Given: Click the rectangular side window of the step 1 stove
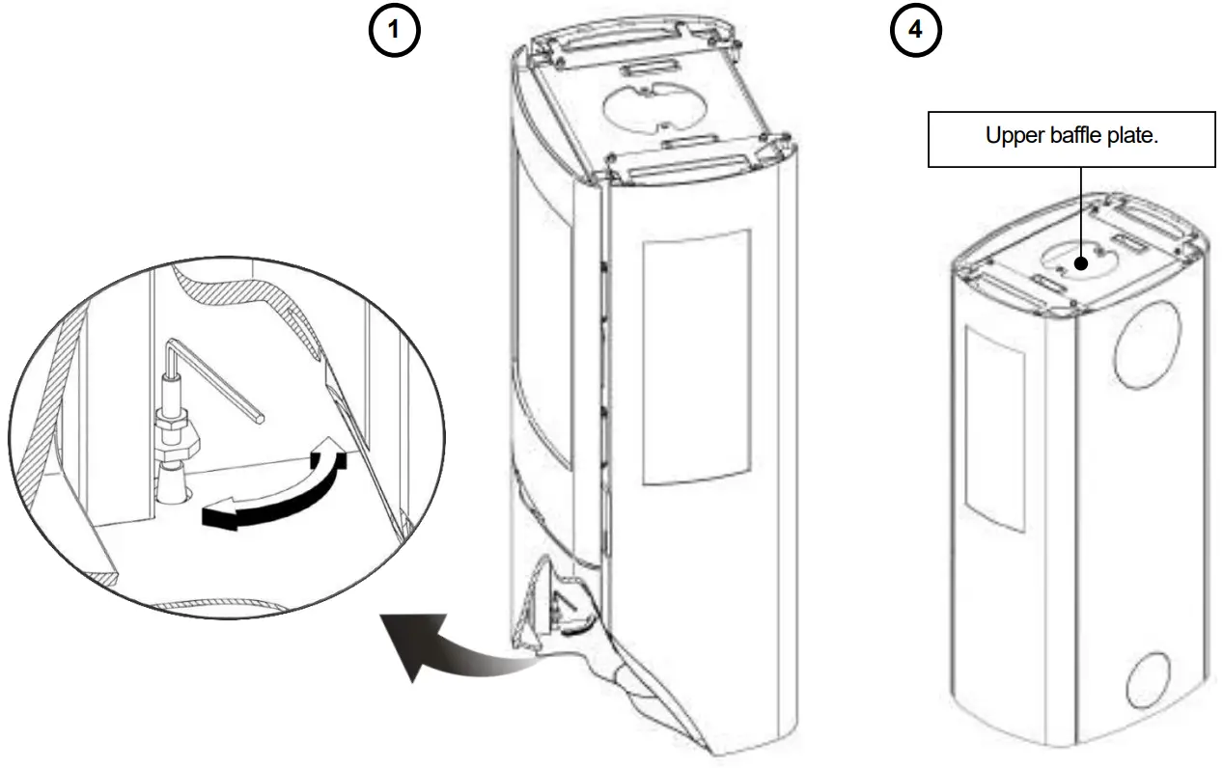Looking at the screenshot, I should point(695,357).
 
